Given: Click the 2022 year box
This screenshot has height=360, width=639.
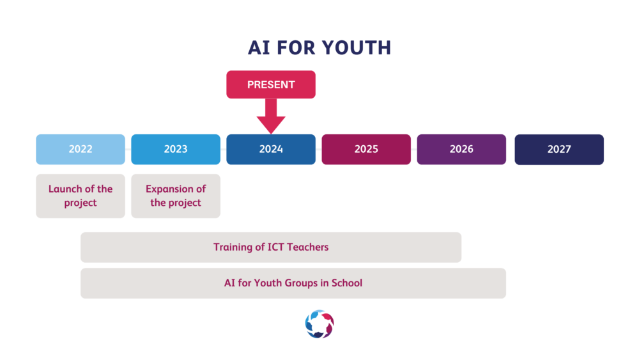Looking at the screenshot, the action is [x=81, y=149].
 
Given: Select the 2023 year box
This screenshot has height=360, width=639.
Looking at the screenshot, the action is [x=176, y=149].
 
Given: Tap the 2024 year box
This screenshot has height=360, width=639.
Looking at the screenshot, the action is [x=271, y=149].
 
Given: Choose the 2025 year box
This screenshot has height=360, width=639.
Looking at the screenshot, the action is [x=366, y=149].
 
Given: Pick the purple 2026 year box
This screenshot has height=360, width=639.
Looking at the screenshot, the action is [x=461, y=149].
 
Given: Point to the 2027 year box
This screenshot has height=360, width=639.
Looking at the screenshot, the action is [x=559, y=149].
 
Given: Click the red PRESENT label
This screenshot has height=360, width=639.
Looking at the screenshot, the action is [x=271, y=84].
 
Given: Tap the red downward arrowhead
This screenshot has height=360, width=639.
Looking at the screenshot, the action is [x=271, y=124].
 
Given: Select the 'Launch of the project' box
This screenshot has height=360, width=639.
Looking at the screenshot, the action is [x=81, y=196].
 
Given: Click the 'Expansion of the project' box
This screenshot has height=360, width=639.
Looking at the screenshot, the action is [x=176, y=196].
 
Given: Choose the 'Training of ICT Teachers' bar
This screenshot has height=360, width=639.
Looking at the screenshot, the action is [x=271, y=247].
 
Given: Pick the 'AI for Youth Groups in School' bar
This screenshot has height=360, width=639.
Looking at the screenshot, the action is [x=293, y=283].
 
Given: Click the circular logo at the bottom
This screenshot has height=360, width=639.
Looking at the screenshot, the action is [x=319, y=324].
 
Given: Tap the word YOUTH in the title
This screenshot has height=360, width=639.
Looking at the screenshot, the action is [x=356, y=48].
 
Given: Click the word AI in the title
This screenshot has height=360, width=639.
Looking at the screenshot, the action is [x=259, y=48].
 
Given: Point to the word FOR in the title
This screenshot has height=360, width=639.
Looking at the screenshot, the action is [x=296, y=48].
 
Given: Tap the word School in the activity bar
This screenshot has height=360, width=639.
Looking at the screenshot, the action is [x=347, y=283].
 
